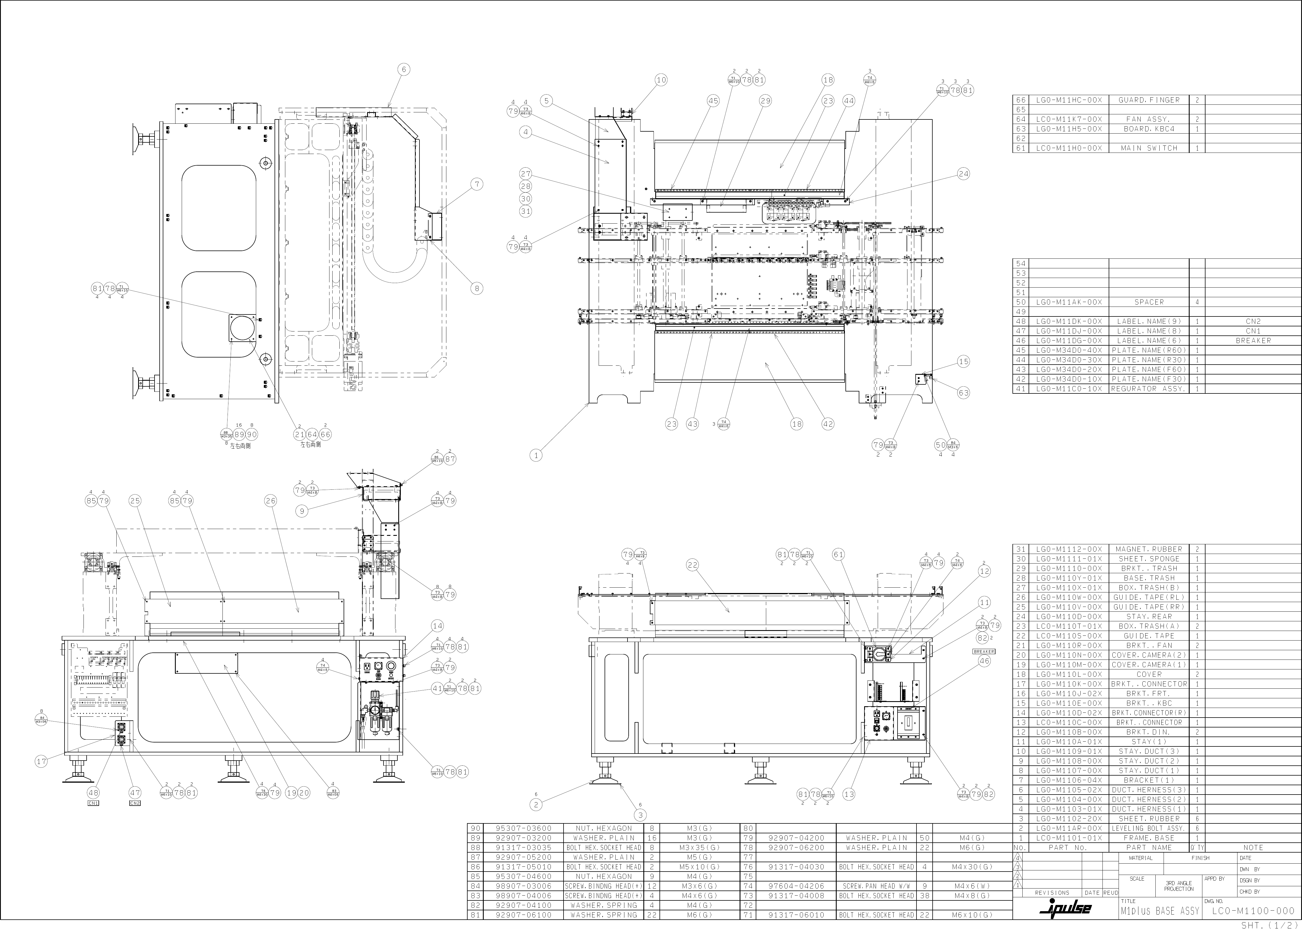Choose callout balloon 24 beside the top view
(x=963, y=174)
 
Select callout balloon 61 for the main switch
(x=838, y=554)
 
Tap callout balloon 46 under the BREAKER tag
(x=984, y=661)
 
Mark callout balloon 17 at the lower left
(x=41, y=761)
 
